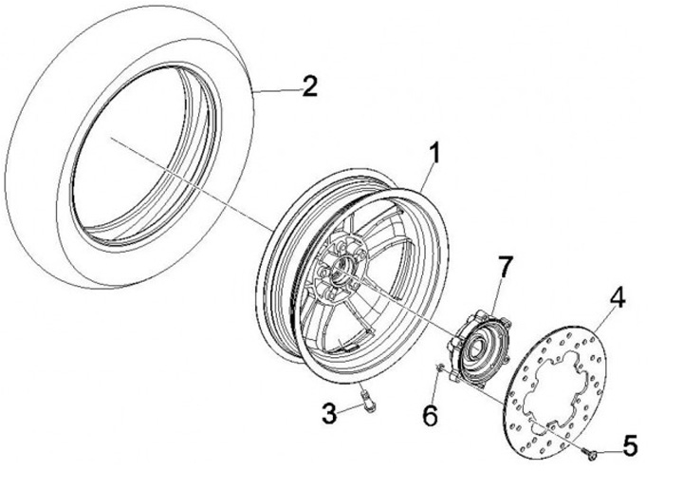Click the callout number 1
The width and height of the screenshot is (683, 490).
coord(434,152)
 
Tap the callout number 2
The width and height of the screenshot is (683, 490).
coord(307,87)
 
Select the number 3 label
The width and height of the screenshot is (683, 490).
coord(328,413)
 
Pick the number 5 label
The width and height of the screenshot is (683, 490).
coord(629,443)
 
